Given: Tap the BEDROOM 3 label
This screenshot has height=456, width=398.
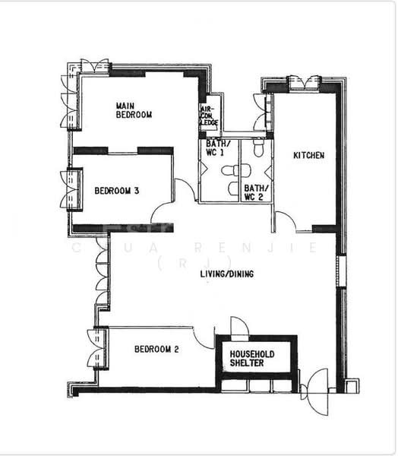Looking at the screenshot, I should tap(115, 191).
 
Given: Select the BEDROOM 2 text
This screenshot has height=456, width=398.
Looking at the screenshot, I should tap(156, 350).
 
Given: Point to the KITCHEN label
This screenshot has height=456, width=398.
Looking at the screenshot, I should tap(309, 155).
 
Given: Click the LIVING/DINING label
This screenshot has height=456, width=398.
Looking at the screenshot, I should tap(226, 274).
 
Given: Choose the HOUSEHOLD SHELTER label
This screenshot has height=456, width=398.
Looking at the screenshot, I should tap(253, 359).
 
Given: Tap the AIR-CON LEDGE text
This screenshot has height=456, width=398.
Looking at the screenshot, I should tap(208, 115).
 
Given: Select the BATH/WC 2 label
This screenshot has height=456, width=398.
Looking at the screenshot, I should tap(255, 192).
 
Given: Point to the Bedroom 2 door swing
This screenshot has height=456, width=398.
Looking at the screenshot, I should tap(204, 335).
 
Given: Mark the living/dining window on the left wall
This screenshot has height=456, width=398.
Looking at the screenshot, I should tap(101, 274).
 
